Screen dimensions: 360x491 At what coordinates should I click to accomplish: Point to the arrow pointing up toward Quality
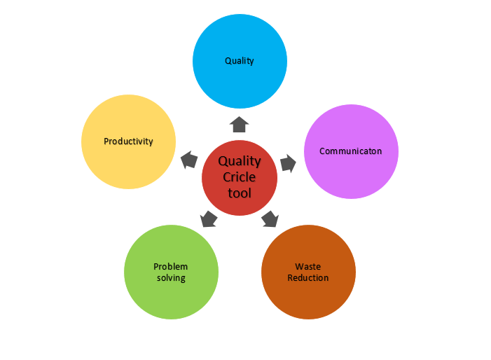coord(240,125)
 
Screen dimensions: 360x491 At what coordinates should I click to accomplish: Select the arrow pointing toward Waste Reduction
coord(270,219)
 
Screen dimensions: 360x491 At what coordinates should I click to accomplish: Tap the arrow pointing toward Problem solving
coord(208,219)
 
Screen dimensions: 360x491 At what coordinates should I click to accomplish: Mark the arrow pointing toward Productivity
coord(189,160)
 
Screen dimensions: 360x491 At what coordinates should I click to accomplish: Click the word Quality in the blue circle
coord(240,61)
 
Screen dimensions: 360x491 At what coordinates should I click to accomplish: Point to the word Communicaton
coord(350,151)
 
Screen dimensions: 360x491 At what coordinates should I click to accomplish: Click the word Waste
coord(308,267)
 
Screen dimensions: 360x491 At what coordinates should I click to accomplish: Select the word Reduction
coord(308,277)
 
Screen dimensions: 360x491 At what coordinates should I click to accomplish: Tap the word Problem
coord(171,267)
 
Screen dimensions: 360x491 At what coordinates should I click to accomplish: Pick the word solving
coord(171,277)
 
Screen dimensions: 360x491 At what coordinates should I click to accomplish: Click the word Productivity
coord(128,141)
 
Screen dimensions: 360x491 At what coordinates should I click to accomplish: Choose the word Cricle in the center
coord(240,176)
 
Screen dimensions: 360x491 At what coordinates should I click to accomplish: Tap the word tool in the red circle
coord(240,192)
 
